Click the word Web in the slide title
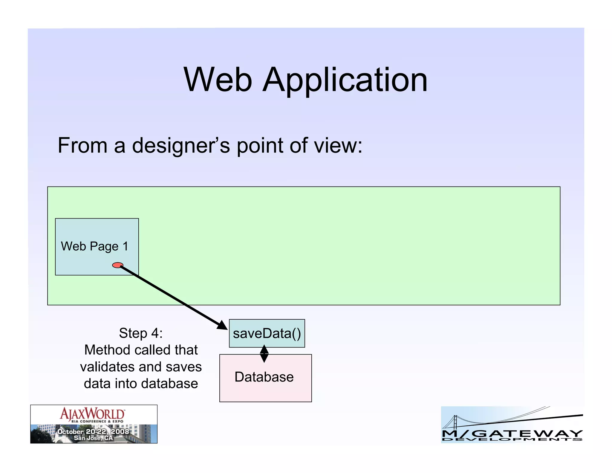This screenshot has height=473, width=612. click(x=218, y=80)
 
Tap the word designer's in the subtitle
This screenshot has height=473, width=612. click(x=181, y=146)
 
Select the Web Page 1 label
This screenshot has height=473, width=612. click(x=94, y=246)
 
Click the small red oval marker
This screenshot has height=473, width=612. click(x=117, y=265)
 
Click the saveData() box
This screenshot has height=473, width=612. click(x=267, y=333)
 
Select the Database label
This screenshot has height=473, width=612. click(x=264, y=377)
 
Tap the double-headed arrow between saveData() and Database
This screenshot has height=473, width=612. click(x=264, y=354)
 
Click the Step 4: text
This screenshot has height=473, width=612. click(x=141, y=333)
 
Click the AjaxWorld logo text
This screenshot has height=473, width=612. click(x=92, y=414)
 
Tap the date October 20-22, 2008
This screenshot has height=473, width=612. click(x=93, y=431)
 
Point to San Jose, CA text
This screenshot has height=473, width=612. click(x=93, y=438)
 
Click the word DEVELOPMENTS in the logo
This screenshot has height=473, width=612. click(x=512, y=439)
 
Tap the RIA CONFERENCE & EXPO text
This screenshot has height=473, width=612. click(x=97, y=421)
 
